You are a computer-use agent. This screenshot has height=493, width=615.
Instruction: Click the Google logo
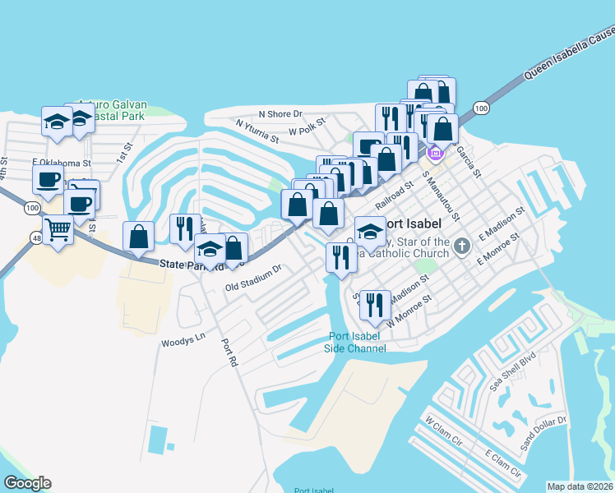tap(27, 483)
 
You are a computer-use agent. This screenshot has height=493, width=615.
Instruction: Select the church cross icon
tap(463, 245)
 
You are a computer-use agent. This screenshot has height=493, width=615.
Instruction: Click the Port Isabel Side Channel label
tap(357, 342)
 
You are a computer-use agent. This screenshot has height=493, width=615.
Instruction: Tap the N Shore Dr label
tap(280, 114)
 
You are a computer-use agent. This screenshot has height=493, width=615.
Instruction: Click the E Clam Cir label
tap(502, 463)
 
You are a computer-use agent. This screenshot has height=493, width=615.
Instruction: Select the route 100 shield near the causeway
tap(481, 108)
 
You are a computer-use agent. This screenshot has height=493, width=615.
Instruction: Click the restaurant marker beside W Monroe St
tap(375, 305)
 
